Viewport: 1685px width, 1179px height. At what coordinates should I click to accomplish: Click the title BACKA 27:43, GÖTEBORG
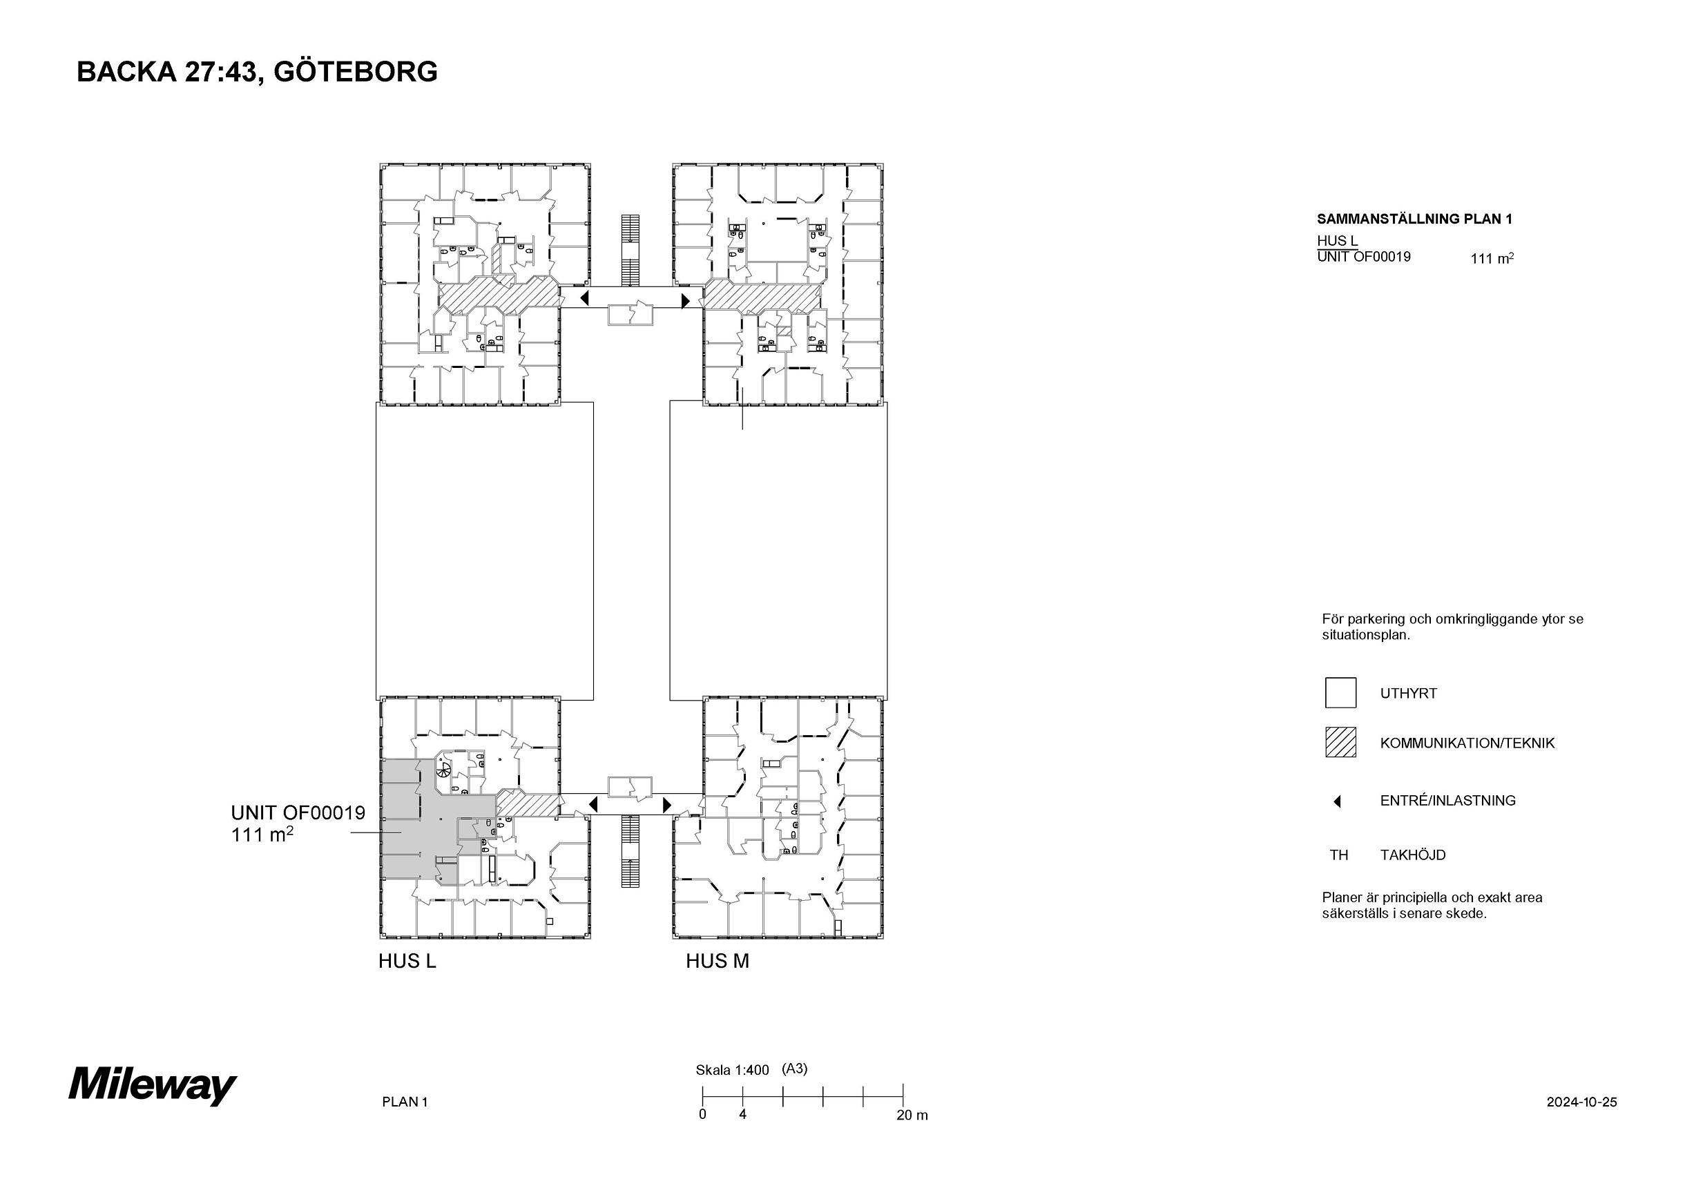[x=257, y=72]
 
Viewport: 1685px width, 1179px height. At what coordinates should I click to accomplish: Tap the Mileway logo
[x=152, y=1085]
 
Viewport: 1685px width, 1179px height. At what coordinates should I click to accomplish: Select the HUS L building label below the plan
[x=407, y=961]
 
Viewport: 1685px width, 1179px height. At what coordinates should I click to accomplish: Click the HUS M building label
[x=717, y=961]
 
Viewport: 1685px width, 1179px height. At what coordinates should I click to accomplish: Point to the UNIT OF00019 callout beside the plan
[x=298, y=824]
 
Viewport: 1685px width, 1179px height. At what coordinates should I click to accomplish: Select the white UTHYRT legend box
[x=1340, y=692]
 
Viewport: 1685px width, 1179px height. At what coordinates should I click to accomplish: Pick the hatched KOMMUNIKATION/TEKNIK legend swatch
[x=1340, y=742]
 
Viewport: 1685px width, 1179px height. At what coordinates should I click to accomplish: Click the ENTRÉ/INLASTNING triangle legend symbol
[x=1337, y=801]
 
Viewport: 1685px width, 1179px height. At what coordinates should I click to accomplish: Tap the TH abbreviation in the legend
[x=1338, y=855]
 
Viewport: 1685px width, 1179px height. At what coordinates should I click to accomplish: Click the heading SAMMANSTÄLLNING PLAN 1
[x=1414, y=219]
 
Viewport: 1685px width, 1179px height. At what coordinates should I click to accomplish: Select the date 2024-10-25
[x=1581, y=1102]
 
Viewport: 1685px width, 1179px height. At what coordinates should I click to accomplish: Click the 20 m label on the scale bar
[x=912, y=1115]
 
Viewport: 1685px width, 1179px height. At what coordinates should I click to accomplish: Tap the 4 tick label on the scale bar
[x=742, y=1114]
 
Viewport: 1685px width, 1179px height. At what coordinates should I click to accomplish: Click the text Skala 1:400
[x=733, y=1071]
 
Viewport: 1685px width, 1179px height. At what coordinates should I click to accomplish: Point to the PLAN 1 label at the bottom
[x=405, y=1102]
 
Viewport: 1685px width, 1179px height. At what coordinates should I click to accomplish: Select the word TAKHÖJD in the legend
[x=1413, y=855]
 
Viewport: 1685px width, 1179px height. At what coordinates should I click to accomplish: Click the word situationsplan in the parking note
[x=1366, y=635]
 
